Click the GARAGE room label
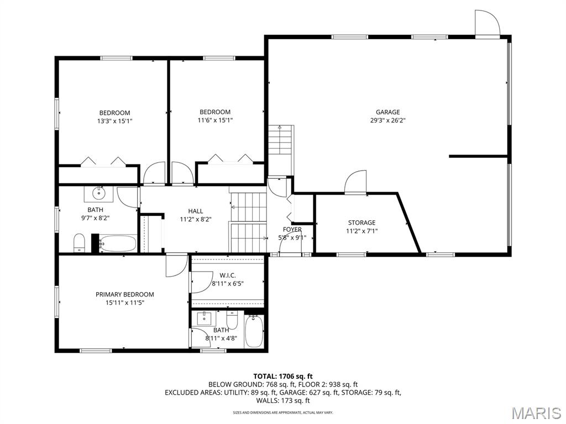coord(387,112)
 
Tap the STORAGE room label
coord(361,223)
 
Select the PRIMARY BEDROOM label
coord(124,295)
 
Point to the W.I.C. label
coord(227,275)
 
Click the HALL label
coord(195,211)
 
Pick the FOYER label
coord(292,229)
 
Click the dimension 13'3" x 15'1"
coord(115,121)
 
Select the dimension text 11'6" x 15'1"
coord(215,120)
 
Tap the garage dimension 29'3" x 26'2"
coord(388,120)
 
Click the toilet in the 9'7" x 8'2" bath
coord(79,243)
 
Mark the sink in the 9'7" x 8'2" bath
coord(98,193)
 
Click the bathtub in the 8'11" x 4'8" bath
coord(254,331)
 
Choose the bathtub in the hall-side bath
coord(118,243)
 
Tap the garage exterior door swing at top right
coord(487,23)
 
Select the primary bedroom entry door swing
coord(176,266)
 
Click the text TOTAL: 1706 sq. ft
coord(283,377)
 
